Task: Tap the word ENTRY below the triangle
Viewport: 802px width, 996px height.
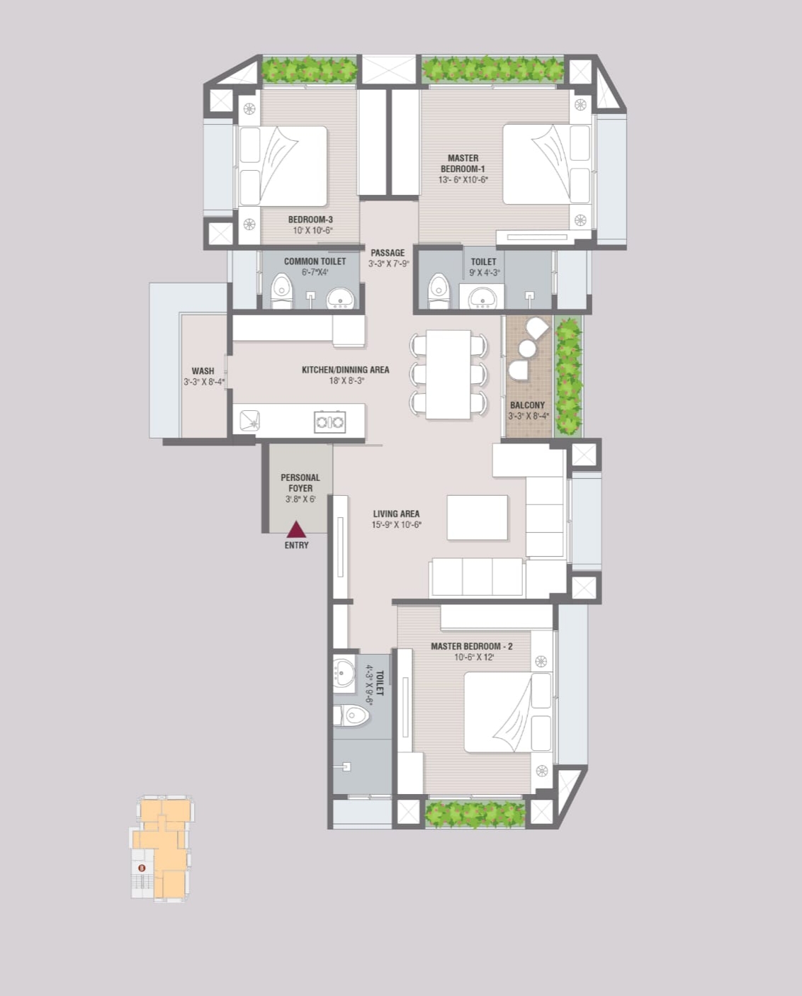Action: click(x=296, y=545)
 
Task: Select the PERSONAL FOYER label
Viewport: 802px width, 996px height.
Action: click(x=300, y=482)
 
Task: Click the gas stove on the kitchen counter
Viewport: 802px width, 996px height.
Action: click(x=329, y=421)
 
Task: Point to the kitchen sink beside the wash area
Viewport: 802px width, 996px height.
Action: click(x=249, y=421)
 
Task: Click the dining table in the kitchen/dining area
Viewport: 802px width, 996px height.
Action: click(x=448, y=374)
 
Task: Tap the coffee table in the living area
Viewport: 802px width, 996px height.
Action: click(x=477, y=517)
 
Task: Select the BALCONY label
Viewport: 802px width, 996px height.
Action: click(x=528, y=405)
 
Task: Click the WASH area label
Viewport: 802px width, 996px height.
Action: click(x=203, y=370)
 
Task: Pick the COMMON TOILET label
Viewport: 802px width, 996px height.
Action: click(x=315, y=261)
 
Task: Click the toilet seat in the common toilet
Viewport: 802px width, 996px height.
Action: click(x=281, y=291)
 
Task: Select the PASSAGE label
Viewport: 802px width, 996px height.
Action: click(x=388, y=253)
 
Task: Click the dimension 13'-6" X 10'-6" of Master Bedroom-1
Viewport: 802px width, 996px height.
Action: click(x=463, y=179)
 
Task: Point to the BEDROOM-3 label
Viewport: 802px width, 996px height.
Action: click(x=310, y=220)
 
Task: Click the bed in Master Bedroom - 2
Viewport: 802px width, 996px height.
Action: click(x=509, y=712)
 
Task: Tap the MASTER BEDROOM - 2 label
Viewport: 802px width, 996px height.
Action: click(x=471, y=646)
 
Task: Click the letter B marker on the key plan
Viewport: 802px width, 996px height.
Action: click(x=142, y=868)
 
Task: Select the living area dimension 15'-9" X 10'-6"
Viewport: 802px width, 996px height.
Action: click(x=396, y=525)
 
